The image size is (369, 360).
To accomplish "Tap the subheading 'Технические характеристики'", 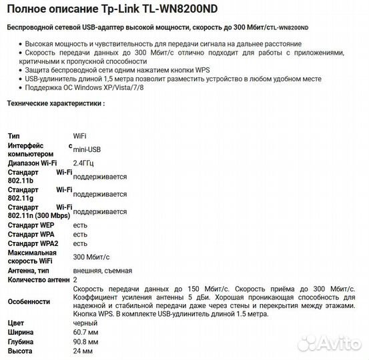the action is click(55, 103).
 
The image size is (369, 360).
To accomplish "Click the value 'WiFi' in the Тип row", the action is click(79, 135).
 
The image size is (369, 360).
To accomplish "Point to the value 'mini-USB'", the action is click(87, 149).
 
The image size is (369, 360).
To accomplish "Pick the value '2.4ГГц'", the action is click(84, 163).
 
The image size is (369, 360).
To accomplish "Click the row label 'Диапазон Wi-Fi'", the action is click(33, 163).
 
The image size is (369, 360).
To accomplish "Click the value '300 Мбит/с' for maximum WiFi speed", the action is click(91, 257).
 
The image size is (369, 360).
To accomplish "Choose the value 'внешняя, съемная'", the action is click(102, 271).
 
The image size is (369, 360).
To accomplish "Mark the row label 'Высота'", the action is click(20, 350).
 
